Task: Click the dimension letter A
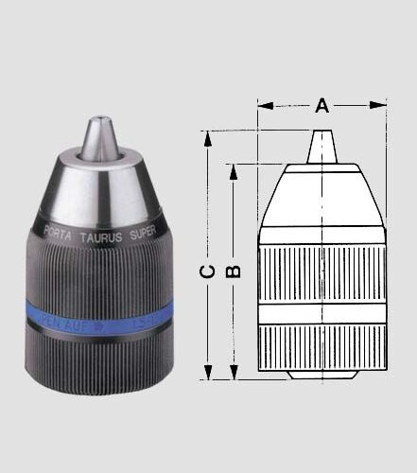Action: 322,105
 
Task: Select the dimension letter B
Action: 235,270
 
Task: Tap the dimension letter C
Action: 209,271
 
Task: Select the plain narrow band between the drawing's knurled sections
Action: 322,314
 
